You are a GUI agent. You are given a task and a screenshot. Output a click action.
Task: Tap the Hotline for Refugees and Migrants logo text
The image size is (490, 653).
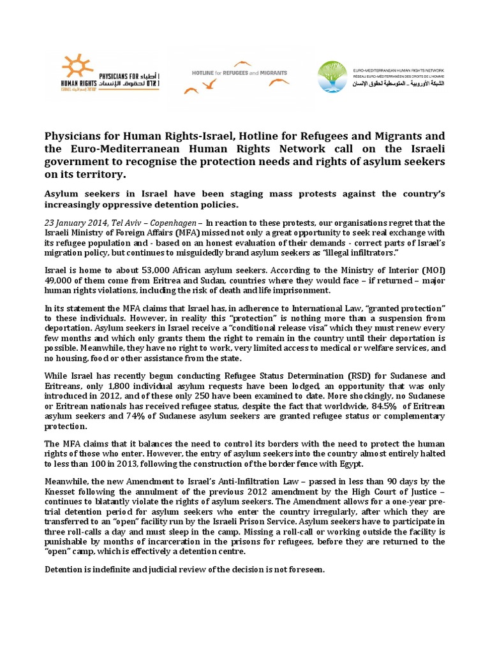[x=239, y=73]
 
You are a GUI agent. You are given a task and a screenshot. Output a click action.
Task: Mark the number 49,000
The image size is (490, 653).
[x=58, y=280]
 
